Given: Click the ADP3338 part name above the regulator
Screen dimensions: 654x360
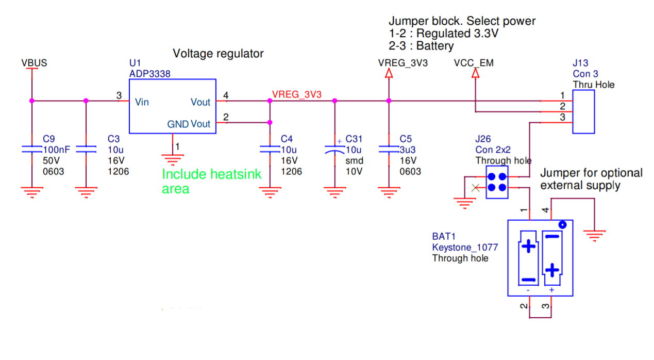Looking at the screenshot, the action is (149, 74).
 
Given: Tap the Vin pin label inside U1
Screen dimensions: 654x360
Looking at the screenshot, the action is (142, 102).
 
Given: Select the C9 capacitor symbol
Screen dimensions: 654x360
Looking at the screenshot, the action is (32, 150).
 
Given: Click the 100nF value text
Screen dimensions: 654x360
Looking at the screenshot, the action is (56, 150).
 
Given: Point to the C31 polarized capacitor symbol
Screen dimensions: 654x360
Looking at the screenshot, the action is (335, 150).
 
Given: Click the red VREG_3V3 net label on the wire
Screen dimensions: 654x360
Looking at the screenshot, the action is (297, 94).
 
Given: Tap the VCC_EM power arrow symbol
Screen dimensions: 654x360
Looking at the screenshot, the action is (475, 73).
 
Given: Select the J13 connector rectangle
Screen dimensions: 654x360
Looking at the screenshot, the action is (583, 111).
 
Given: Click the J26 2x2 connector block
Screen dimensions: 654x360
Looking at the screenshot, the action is (497, 182).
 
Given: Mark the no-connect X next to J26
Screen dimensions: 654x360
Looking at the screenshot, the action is (475, 188).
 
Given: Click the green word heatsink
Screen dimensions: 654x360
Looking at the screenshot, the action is (236, 174).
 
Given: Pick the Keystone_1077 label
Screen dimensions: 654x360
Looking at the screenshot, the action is (465, 247).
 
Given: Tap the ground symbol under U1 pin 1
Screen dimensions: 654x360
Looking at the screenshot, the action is (173, 160).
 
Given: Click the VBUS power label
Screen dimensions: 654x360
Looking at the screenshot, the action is (34, 63).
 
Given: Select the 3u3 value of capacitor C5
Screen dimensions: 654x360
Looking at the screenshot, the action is (408, 150).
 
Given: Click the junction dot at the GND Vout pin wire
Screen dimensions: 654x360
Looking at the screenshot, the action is (270, 122).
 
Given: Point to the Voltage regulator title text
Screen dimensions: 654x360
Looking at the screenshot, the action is (218, 54).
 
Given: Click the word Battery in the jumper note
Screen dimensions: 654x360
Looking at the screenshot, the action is (435, 46).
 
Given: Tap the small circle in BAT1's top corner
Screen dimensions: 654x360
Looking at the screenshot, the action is (563, 225).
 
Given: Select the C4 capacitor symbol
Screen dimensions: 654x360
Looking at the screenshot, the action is (270, 150).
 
